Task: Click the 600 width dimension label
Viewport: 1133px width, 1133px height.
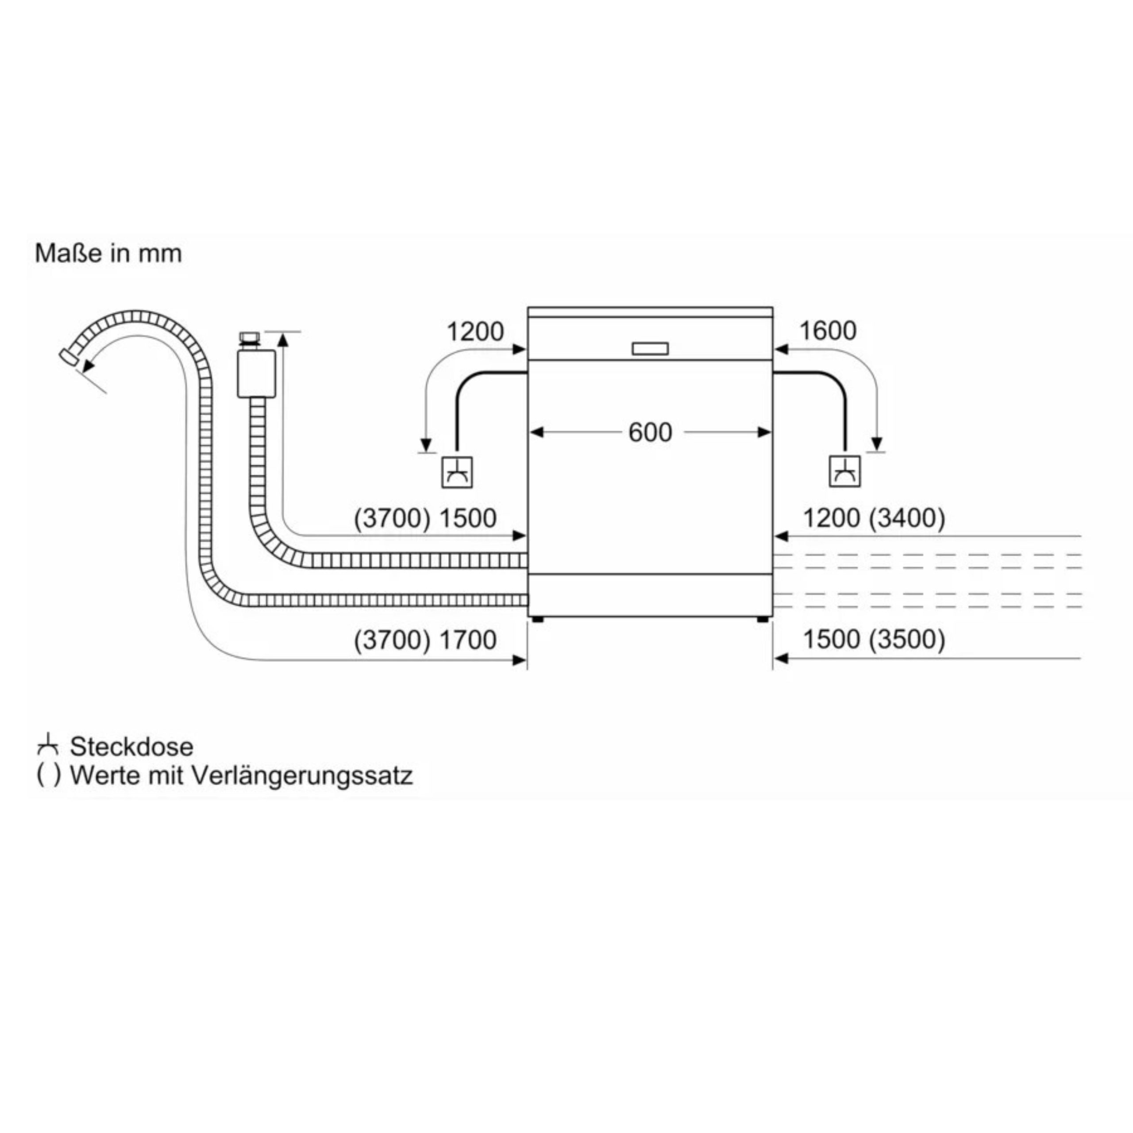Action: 650,433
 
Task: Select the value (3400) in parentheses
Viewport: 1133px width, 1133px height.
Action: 907,518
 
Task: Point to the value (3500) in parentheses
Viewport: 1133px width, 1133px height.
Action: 907,640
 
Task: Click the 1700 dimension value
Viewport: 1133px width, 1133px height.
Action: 467,640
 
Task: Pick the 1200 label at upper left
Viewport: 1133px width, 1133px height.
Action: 475,332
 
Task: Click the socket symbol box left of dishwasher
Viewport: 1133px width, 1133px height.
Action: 457,471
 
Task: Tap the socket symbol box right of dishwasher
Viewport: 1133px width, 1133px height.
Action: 845,471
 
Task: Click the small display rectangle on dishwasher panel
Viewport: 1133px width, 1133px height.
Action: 650,349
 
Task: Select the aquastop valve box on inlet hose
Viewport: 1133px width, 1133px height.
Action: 256,374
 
